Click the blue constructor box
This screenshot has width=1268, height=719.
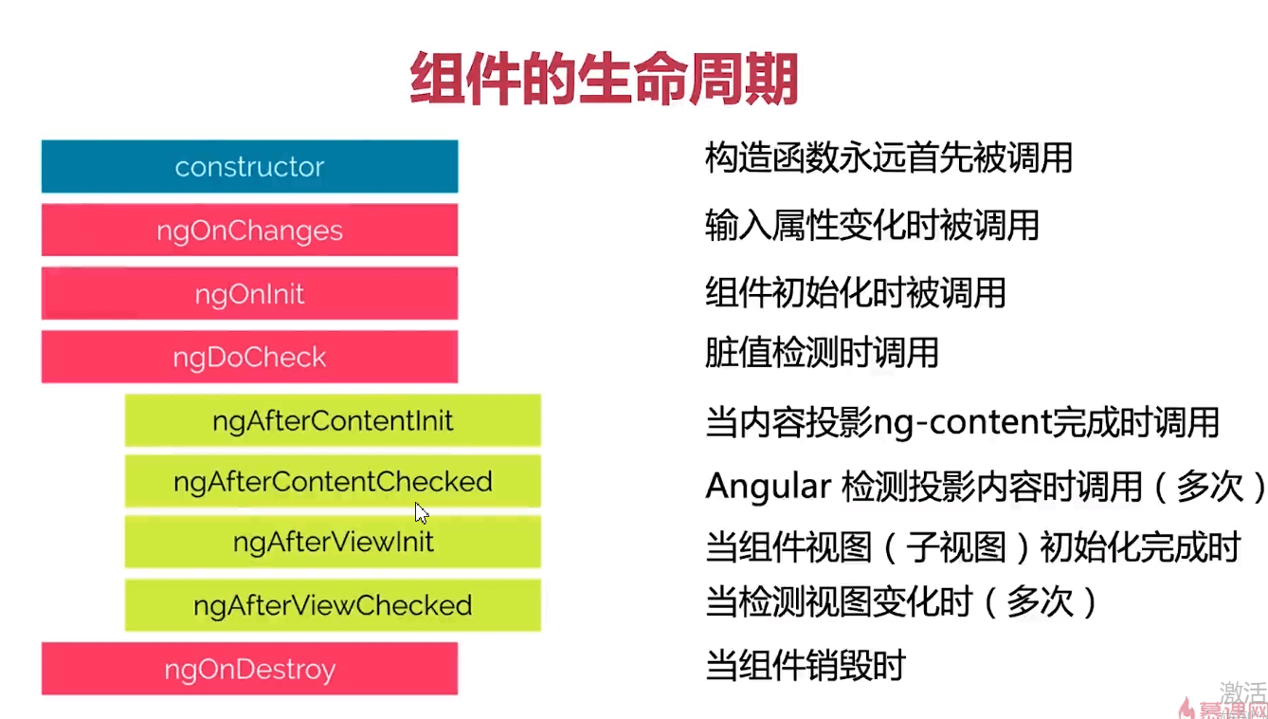click(x=249, y=167)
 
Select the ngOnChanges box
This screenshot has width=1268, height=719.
click(x=249, y=230)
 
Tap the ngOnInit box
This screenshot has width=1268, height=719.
click(x=249, y=293)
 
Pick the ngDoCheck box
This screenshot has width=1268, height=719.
click(x=249, y=357)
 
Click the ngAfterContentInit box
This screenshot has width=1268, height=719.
click(x=333, y=420)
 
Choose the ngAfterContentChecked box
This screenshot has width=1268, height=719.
click(x=333, y=481)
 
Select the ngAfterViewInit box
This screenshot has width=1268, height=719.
click(x=333, y=542)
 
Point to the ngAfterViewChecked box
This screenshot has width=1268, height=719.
click(x=333, y=605)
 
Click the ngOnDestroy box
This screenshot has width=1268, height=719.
click(x=249, y=669)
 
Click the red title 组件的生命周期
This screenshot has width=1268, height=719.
click(x=604, y=78)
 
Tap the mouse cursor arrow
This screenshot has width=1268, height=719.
click(x=422, y=513)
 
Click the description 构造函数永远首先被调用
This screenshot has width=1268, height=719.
click(x=889, y=157)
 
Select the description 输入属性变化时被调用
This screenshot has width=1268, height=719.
click(x=872, y=226)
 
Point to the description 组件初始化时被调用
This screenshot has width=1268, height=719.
click(x=856, y=293)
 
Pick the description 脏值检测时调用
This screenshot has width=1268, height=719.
click(x=822, y=353)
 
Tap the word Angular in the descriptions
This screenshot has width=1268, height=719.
click(x=769, y=487)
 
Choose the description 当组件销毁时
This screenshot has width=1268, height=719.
click(x=806, y=665)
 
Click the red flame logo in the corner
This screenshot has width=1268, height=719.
click(x=1186, y=709)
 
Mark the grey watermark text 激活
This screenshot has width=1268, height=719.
click(x=1242, y=692)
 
